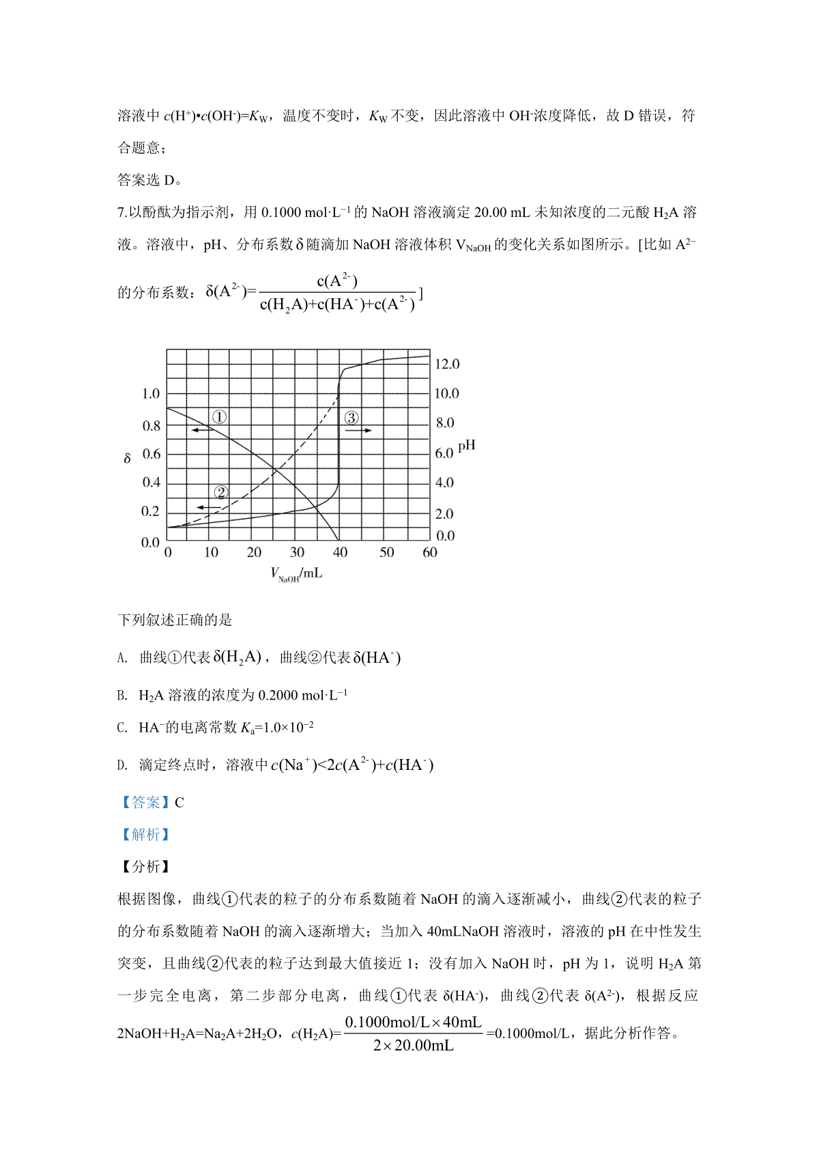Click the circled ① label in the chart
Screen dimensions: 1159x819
(219, 417)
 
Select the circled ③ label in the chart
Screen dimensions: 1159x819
(351, 418)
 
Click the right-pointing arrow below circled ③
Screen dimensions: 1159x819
(358, 431)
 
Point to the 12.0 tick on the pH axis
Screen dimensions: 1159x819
(447, 364)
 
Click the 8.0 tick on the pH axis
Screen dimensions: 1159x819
(445, 423)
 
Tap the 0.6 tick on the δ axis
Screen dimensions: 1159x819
(151, 454)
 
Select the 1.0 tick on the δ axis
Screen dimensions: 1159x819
(151, 394)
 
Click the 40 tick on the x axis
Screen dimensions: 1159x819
(340, 552)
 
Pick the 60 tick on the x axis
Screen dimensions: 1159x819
(429, 552)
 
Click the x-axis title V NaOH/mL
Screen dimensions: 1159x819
(296, 574)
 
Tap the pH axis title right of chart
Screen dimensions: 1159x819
(467, 446)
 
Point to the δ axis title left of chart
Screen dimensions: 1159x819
(127, 459)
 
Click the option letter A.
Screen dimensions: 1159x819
(122, 658)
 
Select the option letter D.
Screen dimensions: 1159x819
(122, 765)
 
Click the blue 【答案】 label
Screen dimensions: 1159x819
(145, 803)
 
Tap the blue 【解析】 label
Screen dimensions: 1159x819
(145, 835)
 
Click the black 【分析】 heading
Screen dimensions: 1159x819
(145, 867)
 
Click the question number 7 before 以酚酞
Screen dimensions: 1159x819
(121, 212)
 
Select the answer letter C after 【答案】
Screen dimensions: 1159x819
(179, 803)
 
